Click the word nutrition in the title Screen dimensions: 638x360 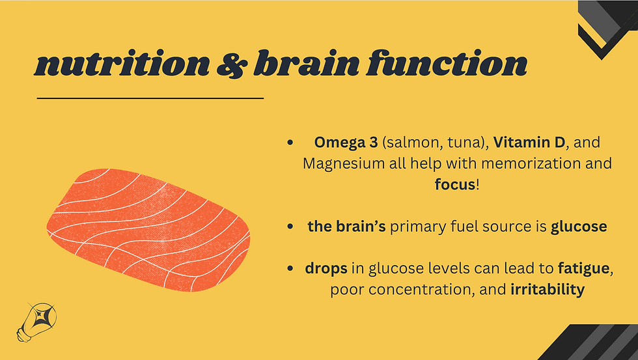[122, 63]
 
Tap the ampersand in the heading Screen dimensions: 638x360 [232, 64]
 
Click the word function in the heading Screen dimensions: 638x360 [447, 63]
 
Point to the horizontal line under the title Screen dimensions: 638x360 [150, 98]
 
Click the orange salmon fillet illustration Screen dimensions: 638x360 [148, 230]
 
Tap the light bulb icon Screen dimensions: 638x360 [36, 322]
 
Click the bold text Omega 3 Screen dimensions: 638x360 [346, 143]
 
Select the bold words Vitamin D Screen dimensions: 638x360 [529, 143]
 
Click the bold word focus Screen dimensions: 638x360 [455, 185]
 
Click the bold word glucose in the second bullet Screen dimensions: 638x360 [579, 227]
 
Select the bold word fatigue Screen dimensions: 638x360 [583, 268]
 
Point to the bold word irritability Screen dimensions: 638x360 [548, 290]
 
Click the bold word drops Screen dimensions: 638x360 [326, 268]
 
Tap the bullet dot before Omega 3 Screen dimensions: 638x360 [290, 143]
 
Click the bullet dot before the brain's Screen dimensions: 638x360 [290, 227]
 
